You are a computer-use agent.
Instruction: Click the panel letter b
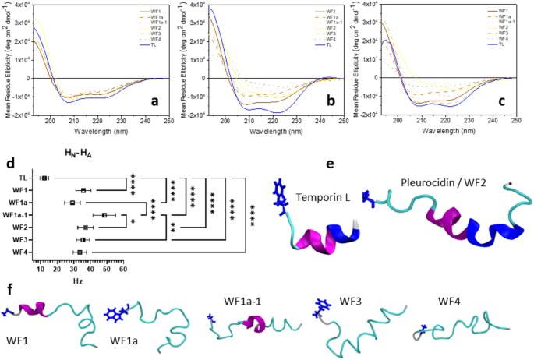tap(330, 101)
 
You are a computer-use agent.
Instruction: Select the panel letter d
tap(9, 164)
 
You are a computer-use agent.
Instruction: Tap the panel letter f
tap(8, 290)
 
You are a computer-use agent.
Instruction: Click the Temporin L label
tap(321, 199)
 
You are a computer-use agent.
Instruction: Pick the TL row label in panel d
tap(26, 178)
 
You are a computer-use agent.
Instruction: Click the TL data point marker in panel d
tap(44, 178)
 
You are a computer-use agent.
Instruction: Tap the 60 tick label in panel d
tap(122, 268)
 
